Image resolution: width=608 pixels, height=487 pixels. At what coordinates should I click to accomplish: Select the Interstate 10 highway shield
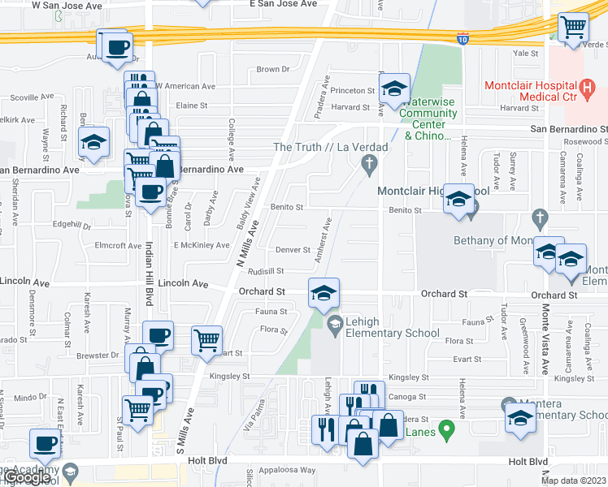(x=463, y=38)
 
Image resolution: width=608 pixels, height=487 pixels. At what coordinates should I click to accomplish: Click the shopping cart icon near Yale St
(x=574, y=28)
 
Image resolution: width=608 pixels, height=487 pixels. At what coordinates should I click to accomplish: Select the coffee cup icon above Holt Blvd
(x=45, y=444)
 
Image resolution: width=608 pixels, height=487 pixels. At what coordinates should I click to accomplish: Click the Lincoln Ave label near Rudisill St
(x=183, y=284)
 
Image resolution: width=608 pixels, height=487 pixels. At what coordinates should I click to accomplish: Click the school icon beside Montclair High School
(x=459, y=200)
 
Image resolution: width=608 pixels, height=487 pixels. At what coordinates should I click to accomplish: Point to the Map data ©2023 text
(x=573, y=481)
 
